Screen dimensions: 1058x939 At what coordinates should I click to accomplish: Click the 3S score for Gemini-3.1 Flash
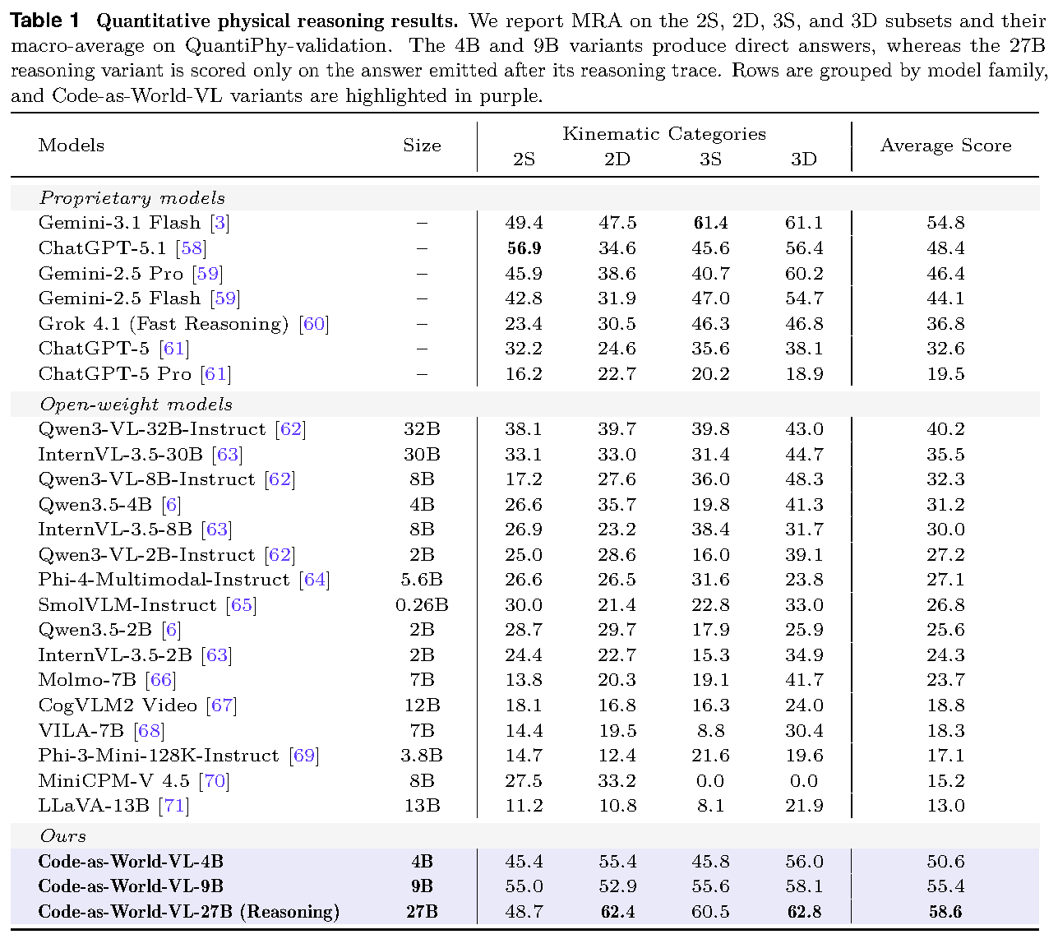tap(710, 223)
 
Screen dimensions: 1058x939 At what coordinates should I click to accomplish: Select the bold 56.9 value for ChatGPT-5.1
tap(524, 247)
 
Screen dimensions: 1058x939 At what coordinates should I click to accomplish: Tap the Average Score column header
tap(945, 146)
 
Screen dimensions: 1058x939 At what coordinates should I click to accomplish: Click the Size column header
tap(422, 146)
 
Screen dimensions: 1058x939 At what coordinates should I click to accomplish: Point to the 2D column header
tap(617, 159)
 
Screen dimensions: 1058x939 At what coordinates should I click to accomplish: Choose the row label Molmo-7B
tap(87, 679)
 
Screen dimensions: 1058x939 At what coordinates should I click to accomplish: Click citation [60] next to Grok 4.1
tap(314, 324)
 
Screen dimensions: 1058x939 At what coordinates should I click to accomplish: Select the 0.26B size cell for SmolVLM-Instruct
tap(422, 604)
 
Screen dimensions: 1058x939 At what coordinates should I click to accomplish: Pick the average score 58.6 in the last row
tap(945, 911)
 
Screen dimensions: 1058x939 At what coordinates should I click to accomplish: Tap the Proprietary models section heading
tap(132, 198)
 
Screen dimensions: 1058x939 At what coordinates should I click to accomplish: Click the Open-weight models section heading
tap(136, 405)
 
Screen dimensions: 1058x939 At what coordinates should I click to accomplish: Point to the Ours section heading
tap(63, 835)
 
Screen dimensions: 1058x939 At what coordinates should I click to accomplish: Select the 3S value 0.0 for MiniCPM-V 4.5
tap(710, 780)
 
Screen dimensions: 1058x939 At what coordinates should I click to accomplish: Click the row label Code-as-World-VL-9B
tap(131, 886)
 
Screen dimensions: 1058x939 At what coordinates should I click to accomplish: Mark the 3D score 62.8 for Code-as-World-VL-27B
tap(804, 911)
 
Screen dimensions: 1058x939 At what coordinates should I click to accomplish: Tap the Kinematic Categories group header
tap(663, 134)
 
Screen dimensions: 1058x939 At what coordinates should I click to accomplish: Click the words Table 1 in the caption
tap(45, 21)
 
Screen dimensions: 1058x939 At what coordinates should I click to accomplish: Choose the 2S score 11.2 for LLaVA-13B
tap(524, 805)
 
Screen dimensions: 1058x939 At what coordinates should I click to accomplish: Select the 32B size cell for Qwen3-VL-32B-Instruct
tap(422, 428)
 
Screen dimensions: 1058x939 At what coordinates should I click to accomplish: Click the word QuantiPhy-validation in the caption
tap(288, 45)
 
